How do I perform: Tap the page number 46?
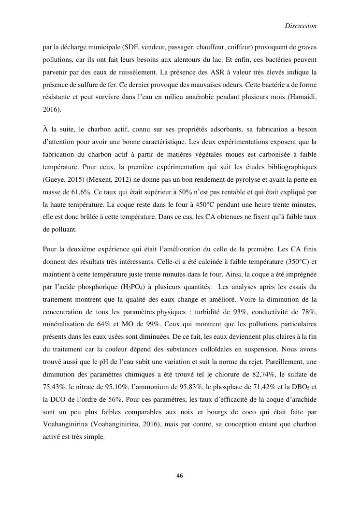(x=180, y=476)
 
